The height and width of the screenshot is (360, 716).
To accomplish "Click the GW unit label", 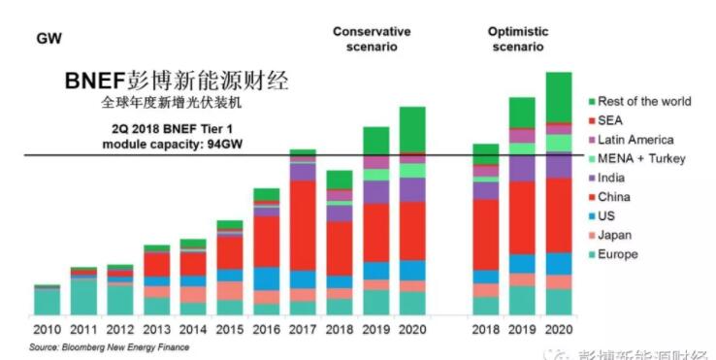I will click(49, 40).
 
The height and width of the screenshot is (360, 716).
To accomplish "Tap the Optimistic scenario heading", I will click(516, 39).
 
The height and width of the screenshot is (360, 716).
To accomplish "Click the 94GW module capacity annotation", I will click(170, 137).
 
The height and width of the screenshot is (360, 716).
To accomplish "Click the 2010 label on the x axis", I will click(47, 330).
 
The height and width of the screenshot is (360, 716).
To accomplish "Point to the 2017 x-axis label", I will click(303, 330).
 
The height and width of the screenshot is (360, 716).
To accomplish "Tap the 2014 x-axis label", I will click(193, 330).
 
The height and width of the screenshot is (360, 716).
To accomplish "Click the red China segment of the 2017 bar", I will click(303, 224).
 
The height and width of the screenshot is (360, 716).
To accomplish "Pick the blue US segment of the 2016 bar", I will click(267, 278).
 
